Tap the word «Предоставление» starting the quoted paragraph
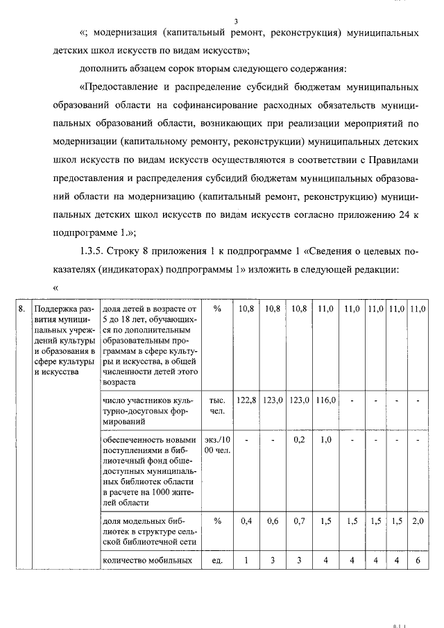[x=123, y=88]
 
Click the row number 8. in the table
[x=23, y=308]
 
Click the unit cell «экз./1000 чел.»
[x=217, y=445]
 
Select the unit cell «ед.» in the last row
[x=217, y=559]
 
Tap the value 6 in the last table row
[x=418, y=559]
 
